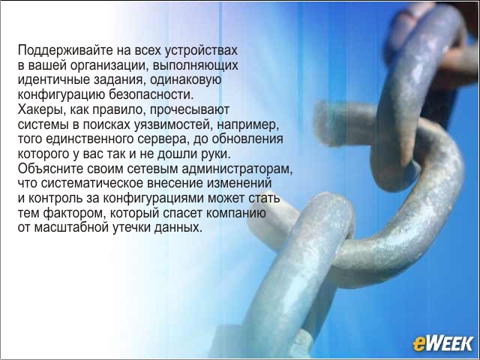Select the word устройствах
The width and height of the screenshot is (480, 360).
click(x=201, y=51)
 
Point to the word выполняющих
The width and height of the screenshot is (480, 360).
click(x=195, y=65)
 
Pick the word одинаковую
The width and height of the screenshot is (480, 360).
click(x=186, y=80)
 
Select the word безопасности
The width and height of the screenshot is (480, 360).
click(x=151, y=94)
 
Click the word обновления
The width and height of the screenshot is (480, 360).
click(x=247, y=139)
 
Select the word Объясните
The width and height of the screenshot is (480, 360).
click(x=50, y=169)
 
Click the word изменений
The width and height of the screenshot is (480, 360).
click(x=240, y=183)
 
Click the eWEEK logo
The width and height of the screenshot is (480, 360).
click(x=442, y=343)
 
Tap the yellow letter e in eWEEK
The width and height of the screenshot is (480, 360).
click(x=418, y=344)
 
